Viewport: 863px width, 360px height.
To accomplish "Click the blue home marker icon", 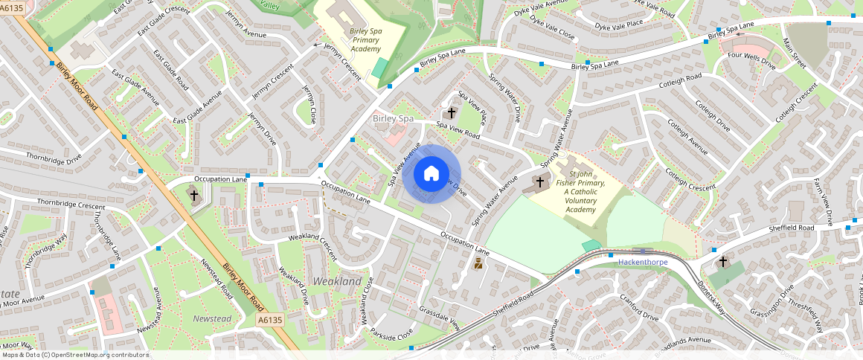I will [431, 175].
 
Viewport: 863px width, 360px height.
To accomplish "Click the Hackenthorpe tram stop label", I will [643, 263].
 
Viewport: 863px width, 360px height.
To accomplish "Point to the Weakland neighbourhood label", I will [337, 281].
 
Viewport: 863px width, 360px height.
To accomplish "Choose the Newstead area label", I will [212, 318].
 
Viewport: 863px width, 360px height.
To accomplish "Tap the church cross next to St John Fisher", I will [540, 181].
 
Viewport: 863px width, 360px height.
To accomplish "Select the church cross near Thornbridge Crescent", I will [194, 196].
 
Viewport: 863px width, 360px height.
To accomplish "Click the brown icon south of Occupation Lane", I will [478, 264].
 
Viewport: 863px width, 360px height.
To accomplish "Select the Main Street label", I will [795, 53].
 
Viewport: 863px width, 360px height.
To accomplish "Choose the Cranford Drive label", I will [639, 306].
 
